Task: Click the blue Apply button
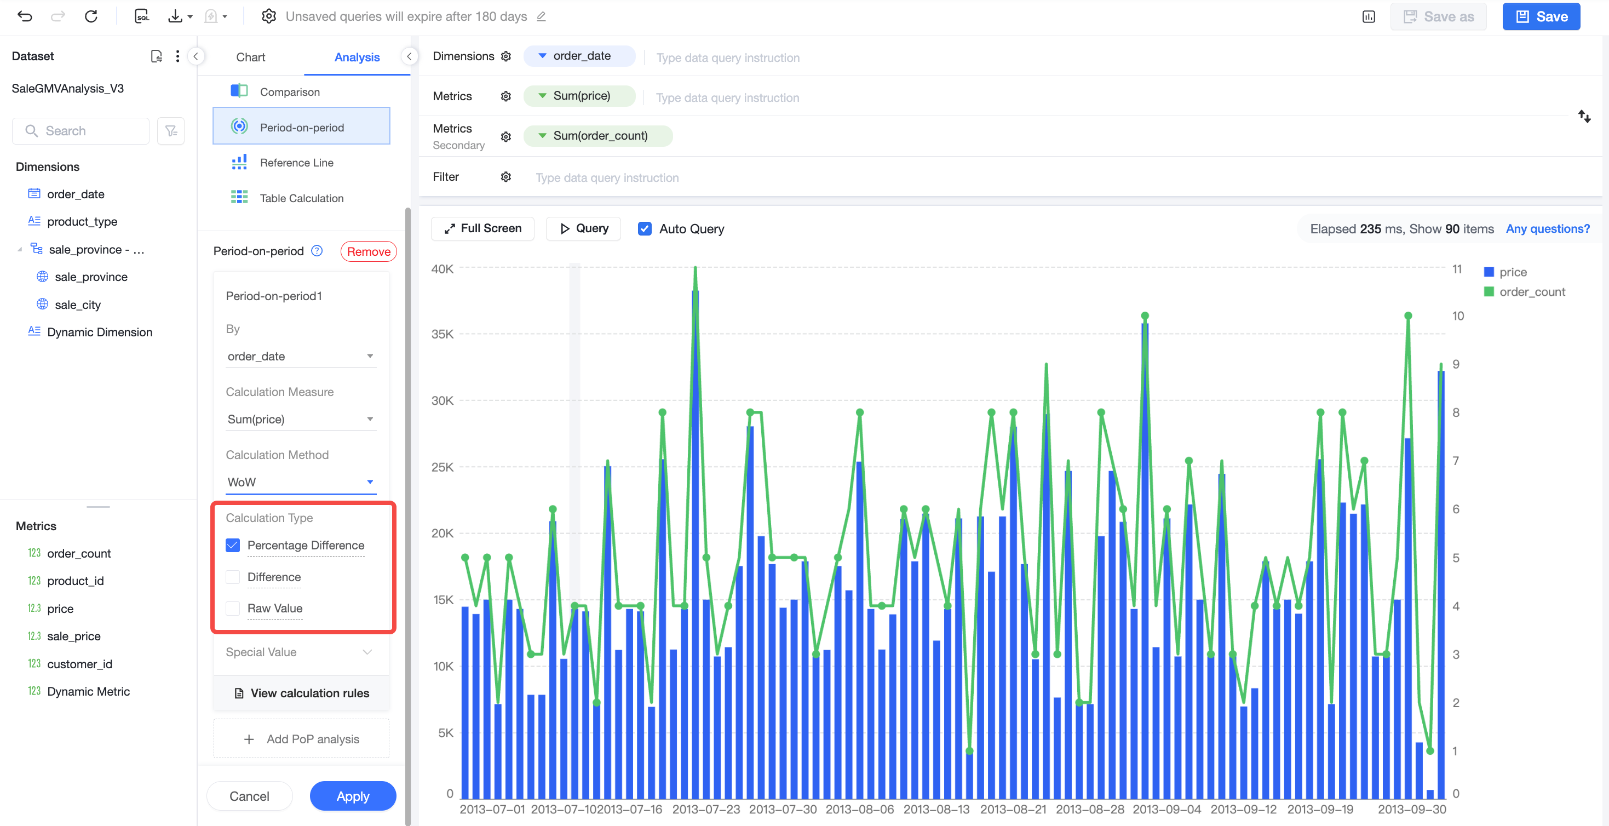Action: (x=353, y=795)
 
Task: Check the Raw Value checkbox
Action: (x=233, y=608)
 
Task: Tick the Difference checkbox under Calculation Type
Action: (x=233, y=577)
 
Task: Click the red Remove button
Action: (x=369, y=251)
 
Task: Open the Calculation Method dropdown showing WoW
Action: (x=301, y=481)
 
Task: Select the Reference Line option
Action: (x=296, y=163)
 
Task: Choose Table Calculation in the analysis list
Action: (x=302, y=198)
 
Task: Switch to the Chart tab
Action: (x=250, y=57)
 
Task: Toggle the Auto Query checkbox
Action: (x=645, y=228)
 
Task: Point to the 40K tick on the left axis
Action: (x=442, y=268)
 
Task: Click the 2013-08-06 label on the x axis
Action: (x=859, y=809)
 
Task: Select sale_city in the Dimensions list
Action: (x=77, y=305)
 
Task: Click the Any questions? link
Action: (x=1547, y=228)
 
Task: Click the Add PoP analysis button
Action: (x=301, y=738)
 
